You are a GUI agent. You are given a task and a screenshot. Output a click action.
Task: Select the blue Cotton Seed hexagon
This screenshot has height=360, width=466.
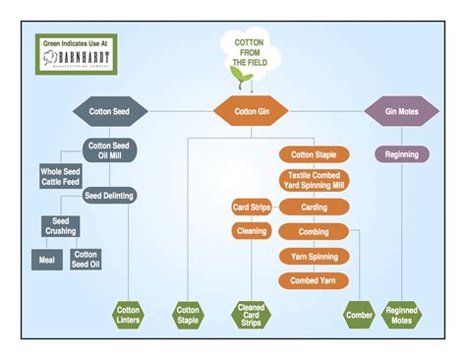108,110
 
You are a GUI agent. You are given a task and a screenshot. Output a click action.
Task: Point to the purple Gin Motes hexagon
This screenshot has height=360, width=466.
401,110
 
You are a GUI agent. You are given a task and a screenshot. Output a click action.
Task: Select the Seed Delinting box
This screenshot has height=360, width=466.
109,195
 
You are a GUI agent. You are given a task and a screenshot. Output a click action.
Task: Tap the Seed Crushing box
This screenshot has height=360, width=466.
59,225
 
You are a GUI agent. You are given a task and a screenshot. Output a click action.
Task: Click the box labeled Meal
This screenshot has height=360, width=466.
44,259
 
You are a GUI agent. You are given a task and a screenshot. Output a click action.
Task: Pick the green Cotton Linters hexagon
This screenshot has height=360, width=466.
128,315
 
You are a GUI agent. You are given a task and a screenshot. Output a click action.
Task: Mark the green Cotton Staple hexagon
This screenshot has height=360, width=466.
188,315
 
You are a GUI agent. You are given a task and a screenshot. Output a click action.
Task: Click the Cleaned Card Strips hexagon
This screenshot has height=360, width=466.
250,315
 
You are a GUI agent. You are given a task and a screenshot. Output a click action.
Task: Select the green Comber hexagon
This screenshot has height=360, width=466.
359,315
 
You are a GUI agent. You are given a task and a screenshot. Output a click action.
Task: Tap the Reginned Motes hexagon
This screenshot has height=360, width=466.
401,315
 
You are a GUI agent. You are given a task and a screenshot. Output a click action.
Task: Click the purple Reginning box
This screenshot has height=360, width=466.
401,154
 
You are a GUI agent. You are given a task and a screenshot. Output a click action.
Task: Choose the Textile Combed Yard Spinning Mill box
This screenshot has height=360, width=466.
315,181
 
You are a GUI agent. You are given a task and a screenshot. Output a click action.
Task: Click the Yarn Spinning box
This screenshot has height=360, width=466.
315,257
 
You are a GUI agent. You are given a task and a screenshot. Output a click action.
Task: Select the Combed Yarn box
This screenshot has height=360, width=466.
315,281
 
